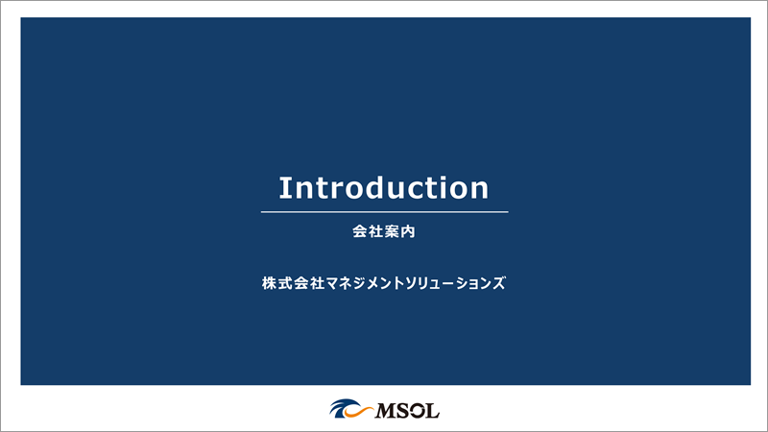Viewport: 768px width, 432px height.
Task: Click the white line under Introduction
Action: [x=384, y=211]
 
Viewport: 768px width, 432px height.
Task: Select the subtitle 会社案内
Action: [x=384, y=232]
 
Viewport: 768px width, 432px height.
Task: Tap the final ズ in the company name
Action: [x=499, y=284]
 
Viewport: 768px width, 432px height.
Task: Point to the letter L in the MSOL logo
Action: [x=432, y=411]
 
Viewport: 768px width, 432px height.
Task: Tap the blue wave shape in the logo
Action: [x=340, y=407]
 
